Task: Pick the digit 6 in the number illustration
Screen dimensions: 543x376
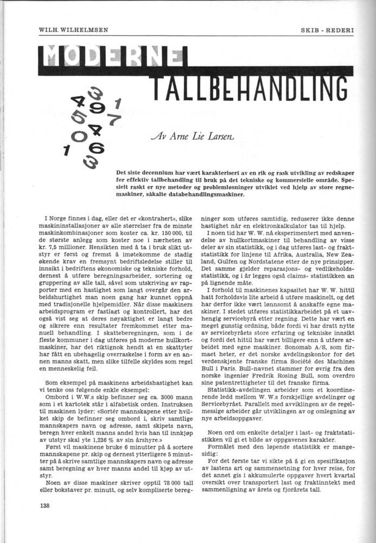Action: click(x=99, y=148)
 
